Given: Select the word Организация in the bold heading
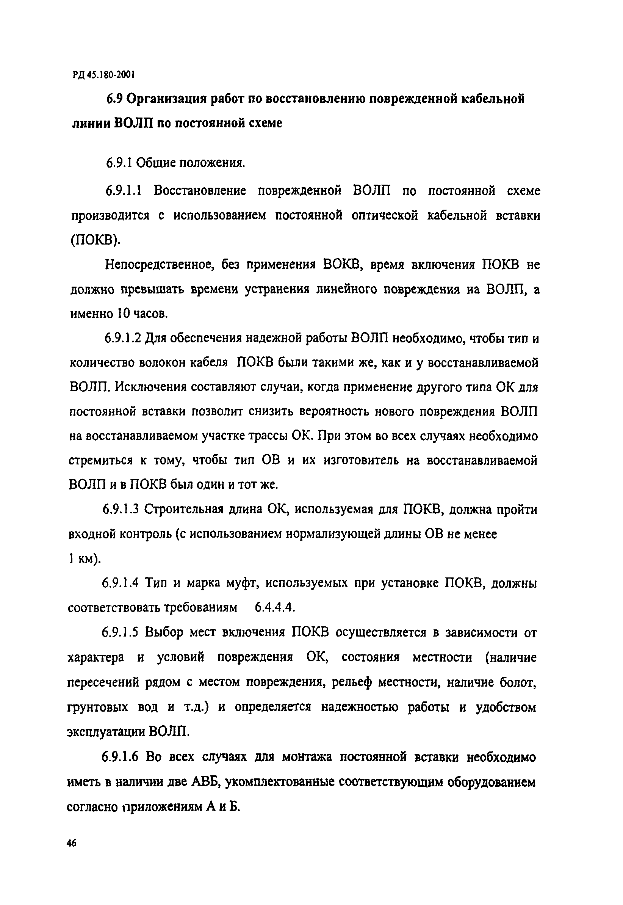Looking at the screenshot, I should click(x=167, y=99).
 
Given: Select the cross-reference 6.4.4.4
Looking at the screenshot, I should click(x=275, y=607).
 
